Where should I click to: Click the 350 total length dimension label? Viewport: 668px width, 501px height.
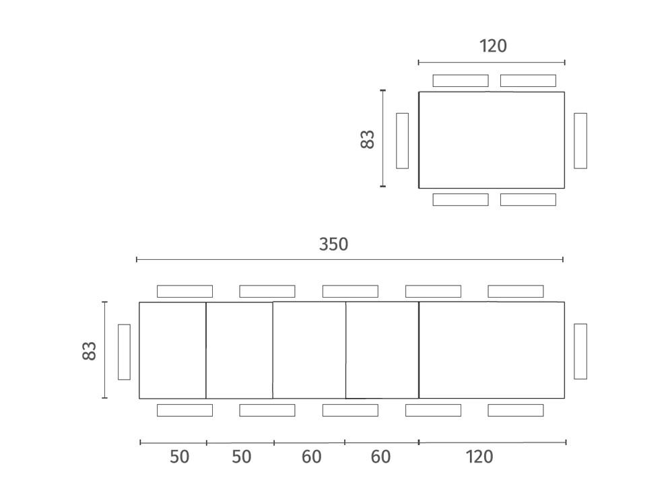click(x=333, y=244)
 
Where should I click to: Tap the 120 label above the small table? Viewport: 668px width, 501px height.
click(x=493, y=46)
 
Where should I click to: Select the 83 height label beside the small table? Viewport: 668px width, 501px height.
click(x=367, y=139)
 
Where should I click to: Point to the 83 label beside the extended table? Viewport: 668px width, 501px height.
click(x=90, y=351)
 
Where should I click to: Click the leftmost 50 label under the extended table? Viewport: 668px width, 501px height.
click(x=179, y=457)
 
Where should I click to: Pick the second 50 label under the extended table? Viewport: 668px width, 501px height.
click(x=242, y=457)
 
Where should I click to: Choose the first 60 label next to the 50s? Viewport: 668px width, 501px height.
click(x=311, y=457)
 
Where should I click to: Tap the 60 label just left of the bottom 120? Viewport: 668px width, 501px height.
click(x=380, y=457)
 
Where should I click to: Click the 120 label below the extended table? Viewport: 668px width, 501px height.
click(x=479, y=457)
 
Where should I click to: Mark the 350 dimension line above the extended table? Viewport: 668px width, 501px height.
click(x=349, y=259)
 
